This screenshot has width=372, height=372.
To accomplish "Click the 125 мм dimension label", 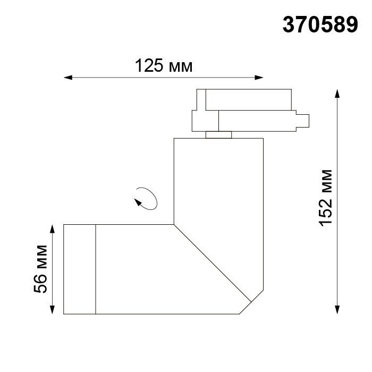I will [163, 66].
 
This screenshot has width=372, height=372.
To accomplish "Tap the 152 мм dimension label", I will [325, 198].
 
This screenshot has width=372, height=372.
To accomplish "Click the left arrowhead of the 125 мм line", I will [67, 79].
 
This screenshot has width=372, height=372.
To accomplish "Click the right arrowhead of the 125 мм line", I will [260, 79].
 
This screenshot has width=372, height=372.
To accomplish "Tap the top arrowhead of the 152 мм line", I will [337, 93].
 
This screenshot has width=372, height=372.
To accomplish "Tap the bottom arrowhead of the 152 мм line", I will [337, 310].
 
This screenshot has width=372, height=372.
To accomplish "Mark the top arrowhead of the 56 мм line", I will [53, 227].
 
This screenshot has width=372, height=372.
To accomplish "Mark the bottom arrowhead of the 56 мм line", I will [53, 310].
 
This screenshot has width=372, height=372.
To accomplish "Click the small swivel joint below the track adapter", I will [218, 134].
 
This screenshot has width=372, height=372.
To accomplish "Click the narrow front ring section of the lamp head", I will [79, 269].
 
